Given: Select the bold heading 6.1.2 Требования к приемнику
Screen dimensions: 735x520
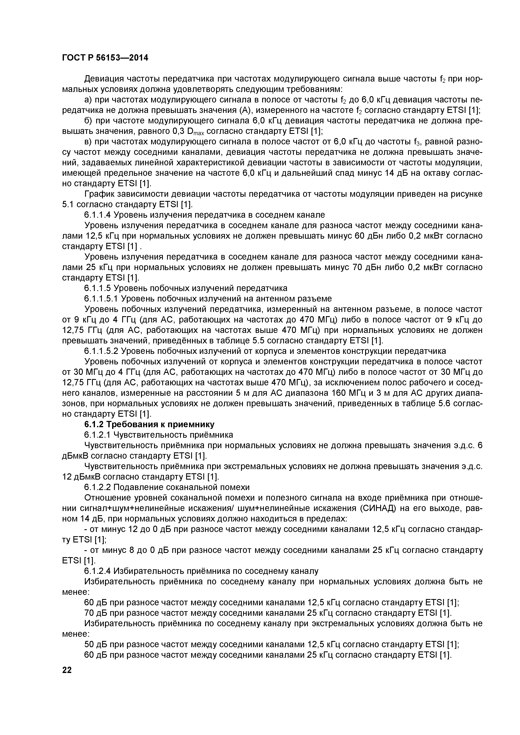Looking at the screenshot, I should click(149, 424).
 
